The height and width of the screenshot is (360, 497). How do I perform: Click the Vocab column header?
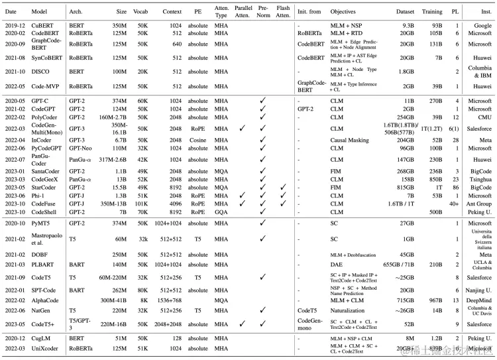coord(142,11)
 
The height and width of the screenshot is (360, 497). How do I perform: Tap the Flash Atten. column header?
coord(283,11)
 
